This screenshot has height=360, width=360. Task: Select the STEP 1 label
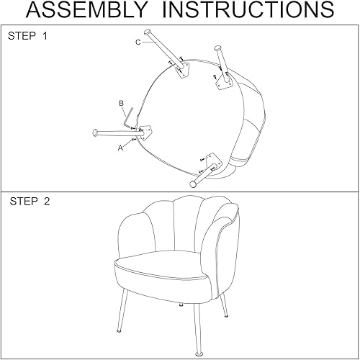coord(30,35)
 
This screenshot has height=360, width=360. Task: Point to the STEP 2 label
coord(30,201)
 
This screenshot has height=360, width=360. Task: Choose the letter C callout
coord(138,42)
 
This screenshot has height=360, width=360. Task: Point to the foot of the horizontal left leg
coord(95,132)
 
